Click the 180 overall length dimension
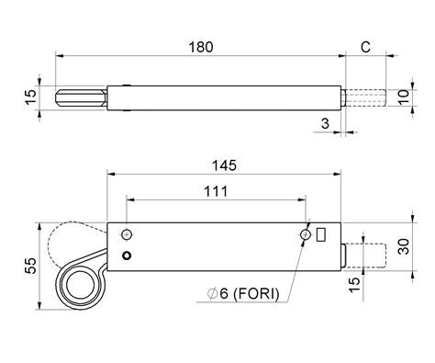click(200, 45)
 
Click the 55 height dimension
click(30, 267)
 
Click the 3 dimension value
click(324, 121)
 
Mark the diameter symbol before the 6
click(212, 293)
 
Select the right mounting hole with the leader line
click(306, 236)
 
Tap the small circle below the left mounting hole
click(128, 255)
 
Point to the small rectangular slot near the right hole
click(320, 235)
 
